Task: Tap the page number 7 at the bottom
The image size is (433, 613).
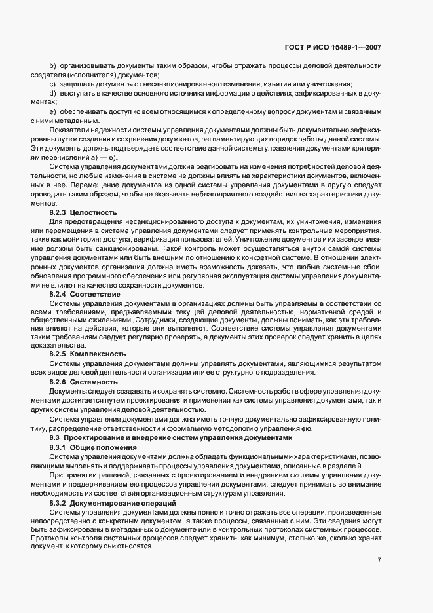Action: [x=379, y=560]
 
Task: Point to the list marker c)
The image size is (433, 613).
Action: [x=52, y=84]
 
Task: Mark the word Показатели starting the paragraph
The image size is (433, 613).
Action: [x=68, y=130]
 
